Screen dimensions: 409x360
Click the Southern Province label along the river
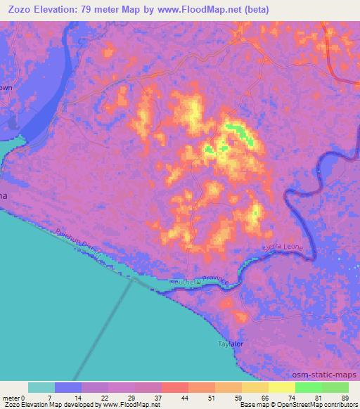pyautogui.click(x=204, y=280)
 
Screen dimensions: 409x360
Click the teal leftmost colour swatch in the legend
pyautogui.click(x=41, y=387)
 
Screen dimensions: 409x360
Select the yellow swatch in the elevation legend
pyautogui.click(x=282, y=387)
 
